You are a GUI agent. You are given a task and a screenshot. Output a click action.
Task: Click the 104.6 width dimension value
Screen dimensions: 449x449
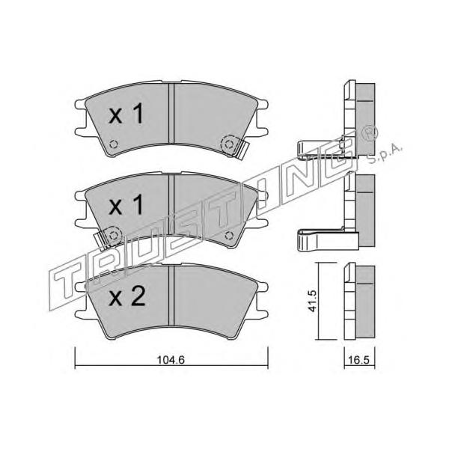pos(171,360)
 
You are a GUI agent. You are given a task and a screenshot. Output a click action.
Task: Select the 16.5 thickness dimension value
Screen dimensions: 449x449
pos(359,360)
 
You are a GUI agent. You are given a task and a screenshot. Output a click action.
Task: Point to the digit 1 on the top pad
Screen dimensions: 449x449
pos(138,114)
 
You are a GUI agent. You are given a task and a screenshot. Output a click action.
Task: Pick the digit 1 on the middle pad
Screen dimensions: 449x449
pos(138,205)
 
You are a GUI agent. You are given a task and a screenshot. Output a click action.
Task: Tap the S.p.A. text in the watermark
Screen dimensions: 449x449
pos(385,155)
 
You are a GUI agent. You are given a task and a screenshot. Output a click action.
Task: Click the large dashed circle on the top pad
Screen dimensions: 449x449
pos(229,144)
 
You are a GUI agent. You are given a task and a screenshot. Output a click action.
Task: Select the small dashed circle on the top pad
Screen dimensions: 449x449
pos(114,144)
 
